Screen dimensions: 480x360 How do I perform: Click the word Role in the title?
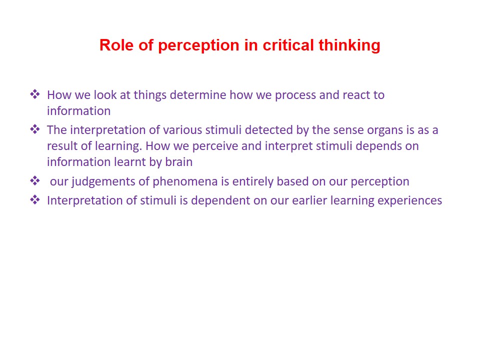[x=117, y=45]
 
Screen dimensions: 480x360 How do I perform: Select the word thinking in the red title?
[x=349, y=45]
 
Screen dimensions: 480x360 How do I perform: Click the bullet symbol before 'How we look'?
[x=35, y=94]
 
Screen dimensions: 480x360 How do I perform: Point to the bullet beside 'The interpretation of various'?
[x=35, y=129]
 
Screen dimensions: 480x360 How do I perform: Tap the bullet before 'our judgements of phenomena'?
[x=35, y=180]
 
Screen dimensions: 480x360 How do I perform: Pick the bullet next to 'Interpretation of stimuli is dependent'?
[x=35, y=199]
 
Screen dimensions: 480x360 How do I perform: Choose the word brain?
[x=179, y=161]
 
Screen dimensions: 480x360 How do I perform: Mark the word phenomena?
[x=185, y=182]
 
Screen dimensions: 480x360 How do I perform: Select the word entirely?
[x=253, y=182]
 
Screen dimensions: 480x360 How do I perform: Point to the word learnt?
[x=130, y=161]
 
